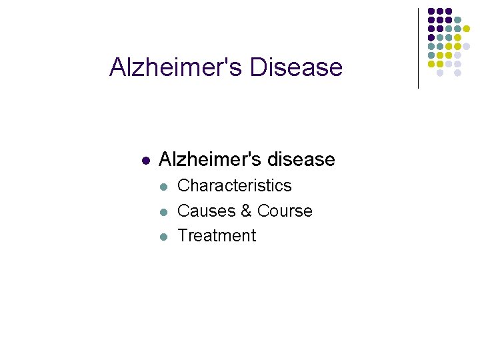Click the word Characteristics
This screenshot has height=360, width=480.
(x=235, y=185)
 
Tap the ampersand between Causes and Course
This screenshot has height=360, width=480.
(x=246, y=211)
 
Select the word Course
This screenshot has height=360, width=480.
(x=285, y=211)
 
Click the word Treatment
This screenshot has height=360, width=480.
(x=217, y=235)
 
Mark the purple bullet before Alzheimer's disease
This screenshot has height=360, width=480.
(x=145, y=161)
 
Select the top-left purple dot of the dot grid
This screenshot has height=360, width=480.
(x=431, y=11)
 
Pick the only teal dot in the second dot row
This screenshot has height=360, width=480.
(x=457, y=20)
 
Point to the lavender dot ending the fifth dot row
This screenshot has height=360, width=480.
(x=466, y=46)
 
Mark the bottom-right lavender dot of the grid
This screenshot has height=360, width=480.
(x=457, y=73)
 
